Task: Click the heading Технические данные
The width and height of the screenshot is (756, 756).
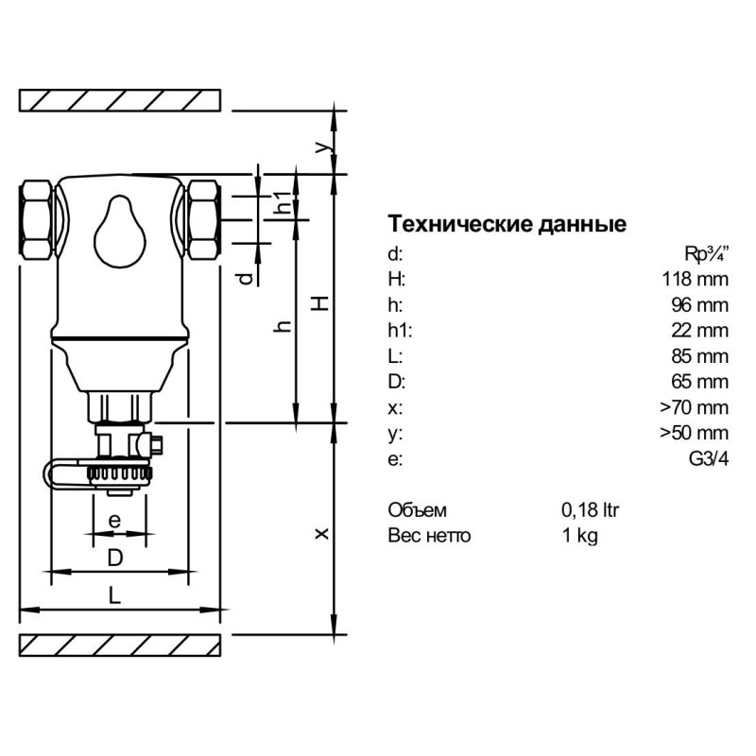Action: pyautogui.click(x=507, y=225)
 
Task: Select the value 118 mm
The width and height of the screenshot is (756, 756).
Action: pyautogui.click(x=695, y=279)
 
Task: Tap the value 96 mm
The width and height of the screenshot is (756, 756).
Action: pyautogui.click(x=699, y=304)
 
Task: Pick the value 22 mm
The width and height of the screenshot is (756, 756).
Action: pyautogui.click(x=699, y=330)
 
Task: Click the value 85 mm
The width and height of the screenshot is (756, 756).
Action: pyautogui.click(x=699, y=356)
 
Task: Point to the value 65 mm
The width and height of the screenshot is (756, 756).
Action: pyautogui.click(x=699, y=382)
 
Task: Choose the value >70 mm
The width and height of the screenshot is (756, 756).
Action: pyautogui.click(x=695, y=408)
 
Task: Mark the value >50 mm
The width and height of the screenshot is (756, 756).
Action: pyautogui.click(x=695, y=434)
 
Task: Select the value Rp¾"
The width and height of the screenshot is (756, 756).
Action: pyautogui.click(x=706, y=252)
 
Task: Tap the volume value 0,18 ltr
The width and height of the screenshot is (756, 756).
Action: pyautogui.click(x=590, y=510)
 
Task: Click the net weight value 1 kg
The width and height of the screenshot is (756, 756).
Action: pyautogui.click(x=579, y=536)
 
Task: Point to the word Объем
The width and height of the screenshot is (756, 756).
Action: pyautogui.click(x=416, y=510)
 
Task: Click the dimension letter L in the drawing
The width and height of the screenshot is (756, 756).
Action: pyautogui.click(x=113, y=595)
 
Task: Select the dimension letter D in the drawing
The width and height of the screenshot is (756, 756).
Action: pyautogui.click(x=114, y=558)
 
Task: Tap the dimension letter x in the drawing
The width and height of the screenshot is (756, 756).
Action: pyautogui.click(x=322, y=534)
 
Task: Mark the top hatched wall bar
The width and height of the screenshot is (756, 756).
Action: pyautogui.click(x=120, y=99)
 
